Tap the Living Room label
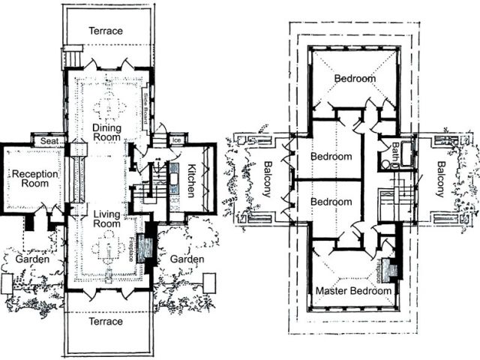coord(107,222)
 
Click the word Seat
coord(50,140)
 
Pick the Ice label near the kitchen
coord(177,140)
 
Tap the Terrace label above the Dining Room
coord(106,31)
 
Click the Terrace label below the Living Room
coord(106,322)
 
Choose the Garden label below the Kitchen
coord(187,259)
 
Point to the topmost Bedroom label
coord(355,78)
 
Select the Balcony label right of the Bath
coord(440,180)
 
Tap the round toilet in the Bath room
coord(385,163)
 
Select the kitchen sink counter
coord(174,180)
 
